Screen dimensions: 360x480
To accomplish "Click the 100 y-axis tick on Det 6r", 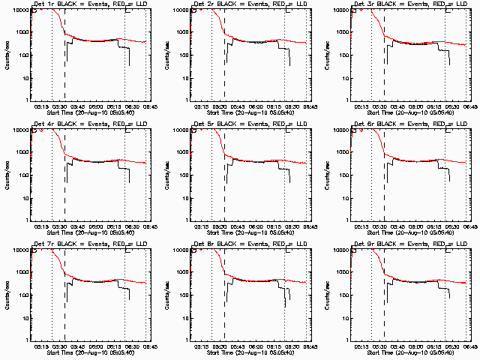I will [343, 175].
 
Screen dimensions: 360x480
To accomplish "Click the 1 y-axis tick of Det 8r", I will [187, 339].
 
